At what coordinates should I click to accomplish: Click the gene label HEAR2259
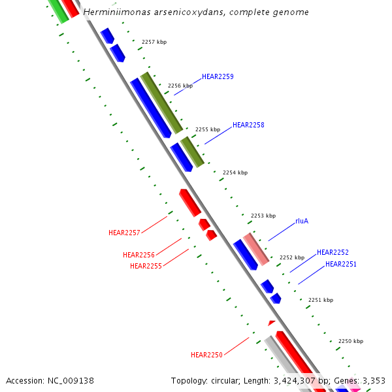(x=218, y=76)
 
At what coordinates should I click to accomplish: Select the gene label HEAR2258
(x=248, y=125)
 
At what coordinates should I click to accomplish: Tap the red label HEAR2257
(x=124, y=233)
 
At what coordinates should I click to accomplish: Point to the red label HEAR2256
(x=139, y=255)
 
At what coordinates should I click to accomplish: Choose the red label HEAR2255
(x=146, y=266)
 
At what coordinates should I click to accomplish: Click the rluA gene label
(x=302, y=221)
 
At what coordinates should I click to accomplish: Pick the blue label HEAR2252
(x=333, y=252)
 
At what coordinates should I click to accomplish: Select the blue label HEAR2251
(x=341, y=264)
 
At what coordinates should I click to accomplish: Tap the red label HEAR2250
(x=206, y=355)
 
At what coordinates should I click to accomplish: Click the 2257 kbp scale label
(x=154, y=42)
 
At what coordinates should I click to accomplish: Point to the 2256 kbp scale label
(x=180, y=86)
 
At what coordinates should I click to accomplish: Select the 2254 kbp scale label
(x=235, y=172)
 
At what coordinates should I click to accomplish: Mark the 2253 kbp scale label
(x=263, y=216)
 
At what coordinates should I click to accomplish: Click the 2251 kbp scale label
(x=321, y=300)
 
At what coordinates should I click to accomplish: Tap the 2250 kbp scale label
(x=351, y=341)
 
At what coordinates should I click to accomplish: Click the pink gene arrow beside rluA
(x=256, y=249)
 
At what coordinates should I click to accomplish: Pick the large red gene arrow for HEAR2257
(x=190, y=203)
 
